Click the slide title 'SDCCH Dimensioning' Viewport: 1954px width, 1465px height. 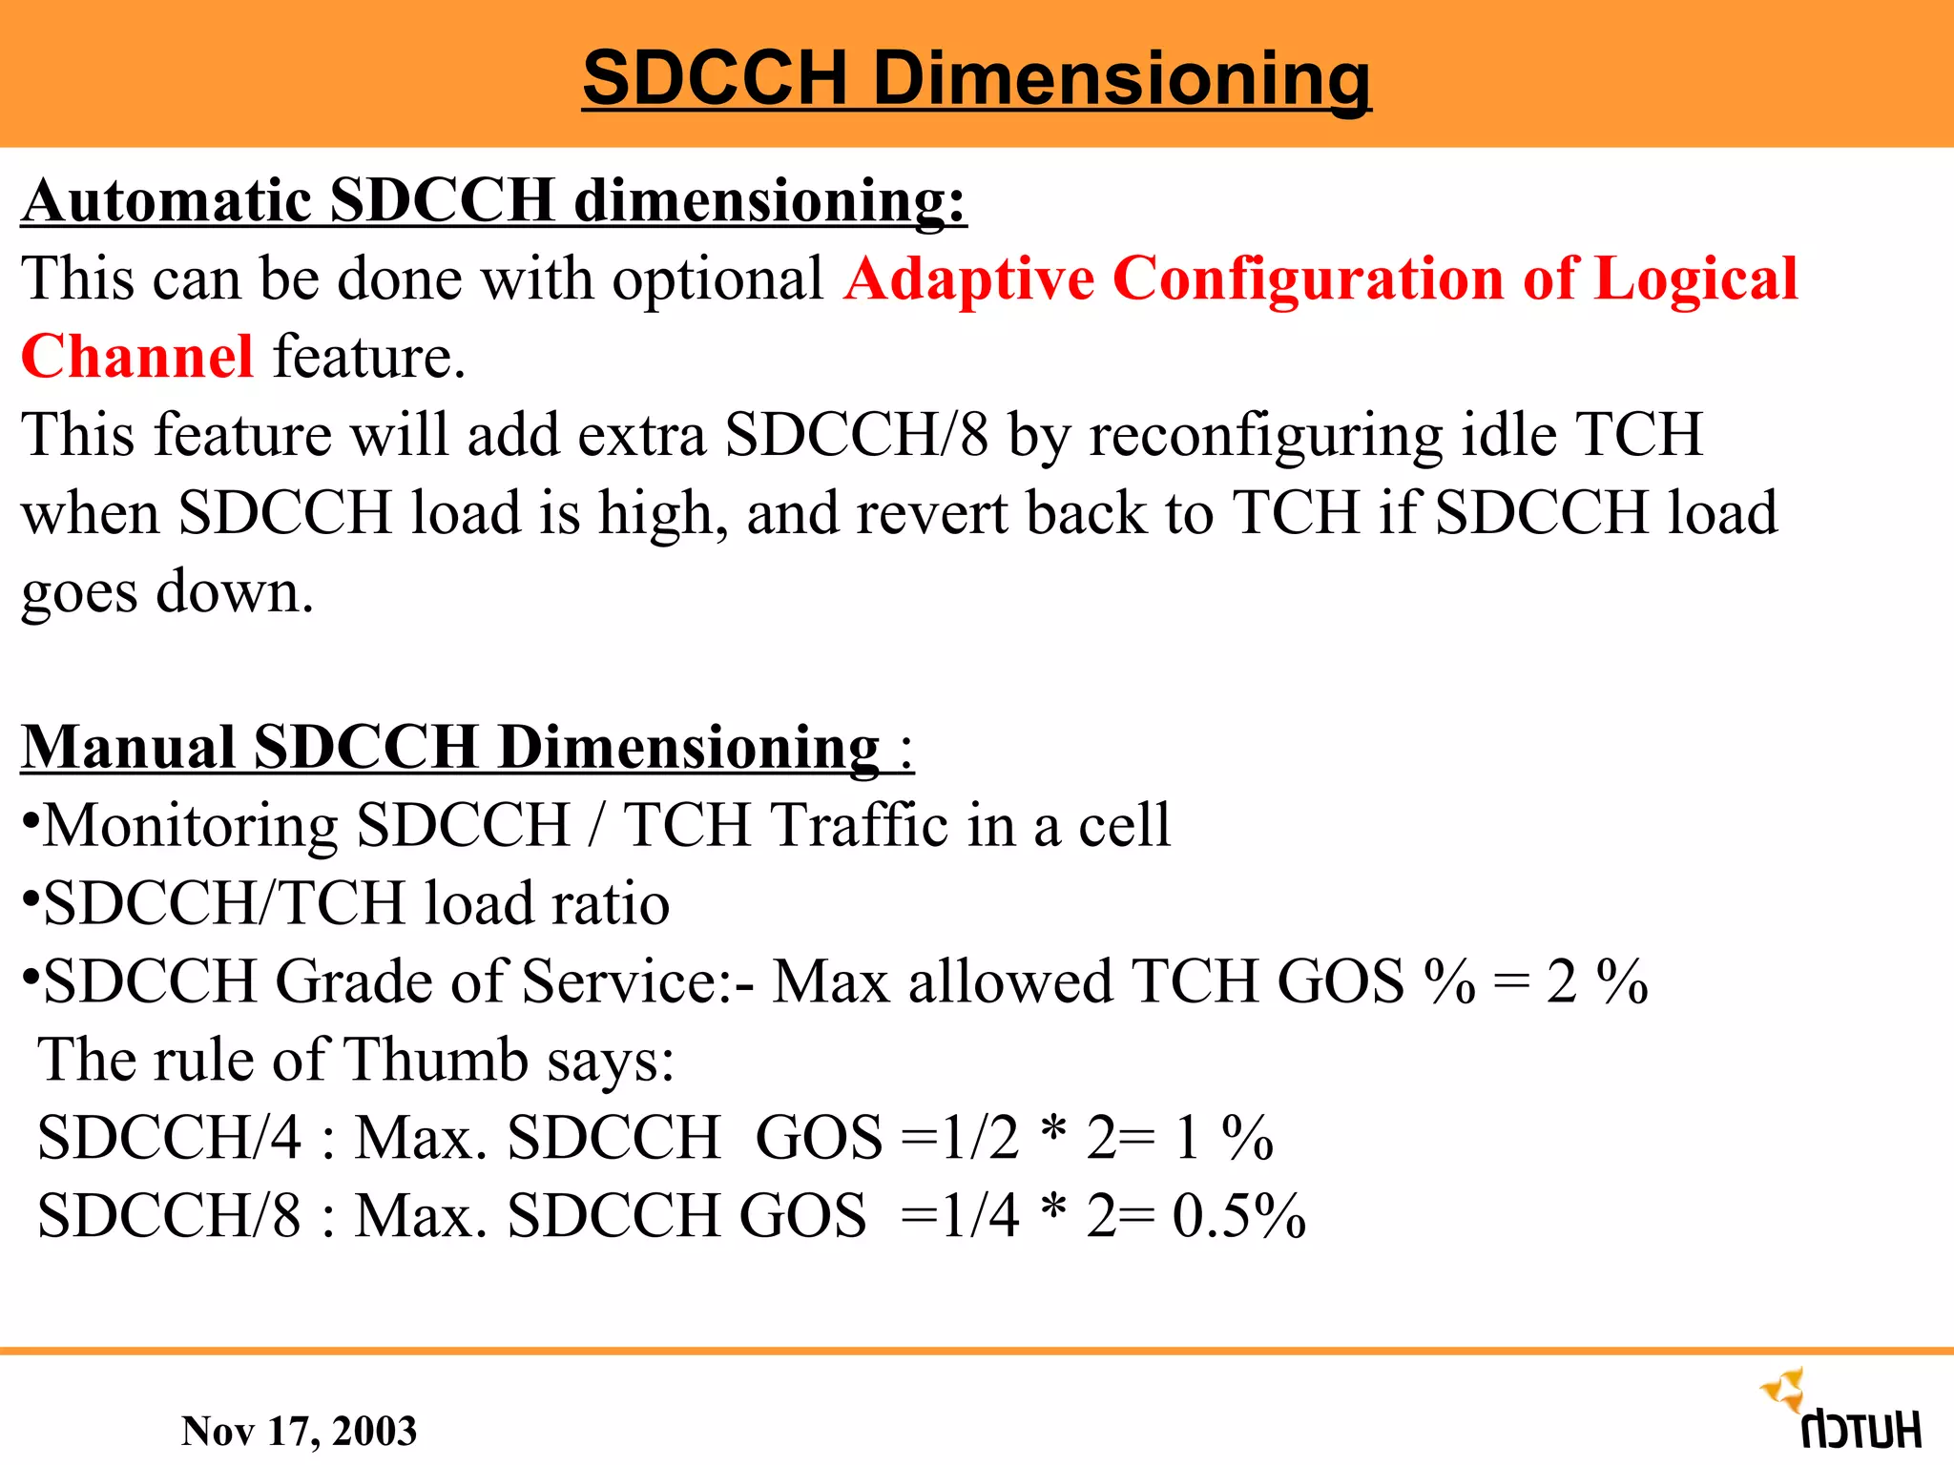click(976, 78)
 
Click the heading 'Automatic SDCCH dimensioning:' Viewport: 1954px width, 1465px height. click(494, 201)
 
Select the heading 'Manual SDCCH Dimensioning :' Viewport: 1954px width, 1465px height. click(468, 747)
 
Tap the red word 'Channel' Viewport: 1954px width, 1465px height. click(137, 357)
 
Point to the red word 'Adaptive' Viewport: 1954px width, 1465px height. click(968, 279)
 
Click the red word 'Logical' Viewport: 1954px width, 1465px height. click(1695, 279)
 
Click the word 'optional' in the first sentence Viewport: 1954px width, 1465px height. click(717, 279)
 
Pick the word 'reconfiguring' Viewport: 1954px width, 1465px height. click(1265, 436)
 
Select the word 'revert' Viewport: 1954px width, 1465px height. click(931, 513)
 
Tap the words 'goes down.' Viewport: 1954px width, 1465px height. click(168, 592)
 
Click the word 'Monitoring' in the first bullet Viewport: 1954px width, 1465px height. click(191, 825)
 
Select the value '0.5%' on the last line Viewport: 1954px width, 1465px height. click(1238, 1216)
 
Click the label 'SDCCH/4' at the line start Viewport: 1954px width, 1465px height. click(170, 1138)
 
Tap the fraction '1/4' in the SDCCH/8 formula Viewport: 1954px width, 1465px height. click(980, 1216)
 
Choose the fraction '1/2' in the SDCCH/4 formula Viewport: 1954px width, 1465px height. click(980, 1138)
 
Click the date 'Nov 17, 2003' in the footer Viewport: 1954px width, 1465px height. click(299, 1431)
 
